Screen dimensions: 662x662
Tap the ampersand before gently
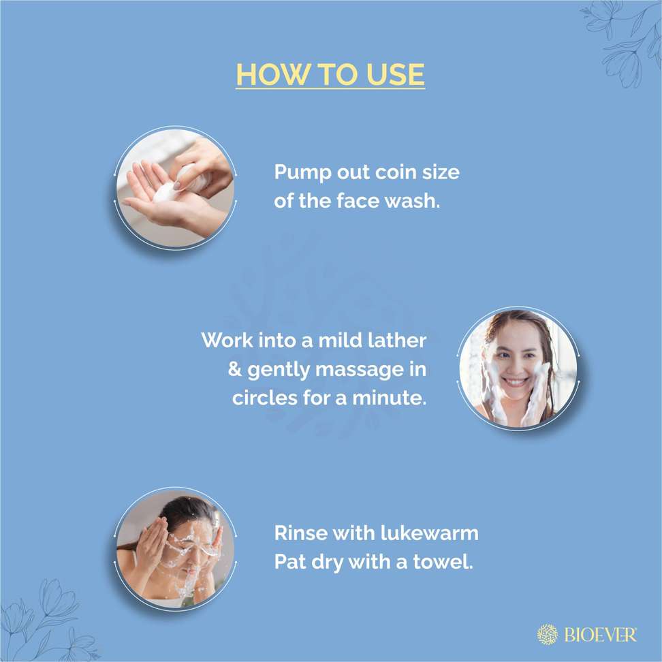(235, 369)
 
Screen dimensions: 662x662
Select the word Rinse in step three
(301, 533)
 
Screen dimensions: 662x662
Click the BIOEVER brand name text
(600, 635)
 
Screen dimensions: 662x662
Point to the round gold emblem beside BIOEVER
(547, 635)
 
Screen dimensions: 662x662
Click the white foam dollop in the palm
(167, 193)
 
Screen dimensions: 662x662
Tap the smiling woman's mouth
(516, 381)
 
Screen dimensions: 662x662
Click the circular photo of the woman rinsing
(175, 549)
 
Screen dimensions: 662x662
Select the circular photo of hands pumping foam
(175, 188)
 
